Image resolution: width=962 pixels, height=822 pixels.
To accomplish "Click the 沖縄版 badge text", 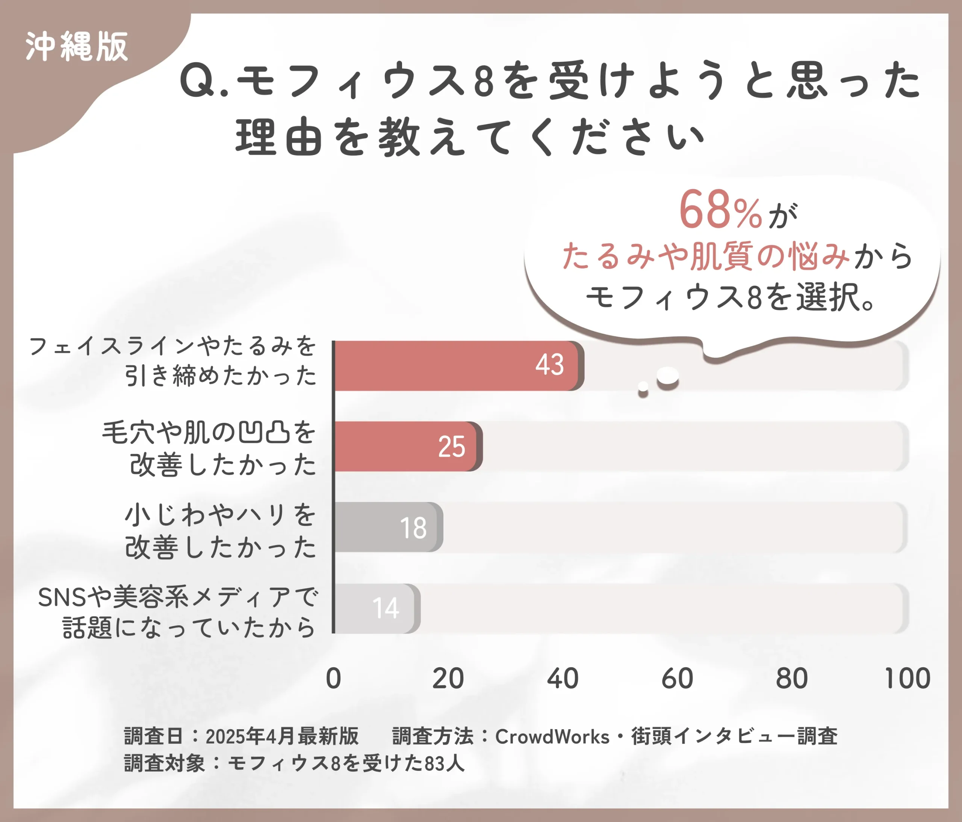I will coord(77,47).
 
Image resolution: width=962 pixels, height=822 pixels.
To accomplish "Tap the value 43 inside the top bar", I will coord(550,365).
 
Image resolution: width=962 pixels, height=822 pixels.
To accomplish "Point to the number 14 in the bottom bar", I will coord(385,608).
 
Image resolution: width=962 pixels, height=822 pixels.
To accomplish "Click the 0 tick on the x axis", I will coord(333,679).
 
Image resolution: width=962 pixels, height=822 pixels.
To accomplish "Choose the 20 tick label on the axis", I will coord(448,679).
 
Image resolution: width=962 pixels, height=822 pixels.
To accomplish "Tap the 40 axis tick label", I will coord(562,679).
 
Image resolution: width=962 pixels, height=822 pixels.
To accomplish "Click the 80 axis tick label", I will coord(792,679).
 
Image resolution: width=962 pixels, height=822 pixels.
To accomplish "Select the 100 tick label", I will coord(907,679).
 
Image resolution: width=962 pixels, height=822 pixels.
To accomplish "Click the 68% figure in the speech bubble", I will coord(720,211).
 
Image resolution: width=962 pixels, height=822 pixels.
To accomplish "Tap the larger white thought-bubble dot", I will coord(668,376).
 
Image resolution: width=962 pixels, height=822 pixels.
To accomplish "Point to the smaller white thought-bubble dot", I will coord(643,387).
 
